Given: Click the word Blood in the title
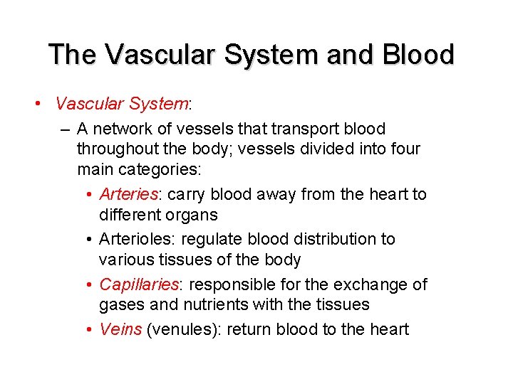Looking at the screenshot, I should coord(418,54).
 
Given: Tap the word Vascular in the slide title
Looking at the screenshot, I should coord(146,54).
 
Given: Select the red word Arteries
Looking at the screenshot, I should coord(127,194).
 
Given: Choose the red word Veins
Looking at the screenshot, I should coord(120,329).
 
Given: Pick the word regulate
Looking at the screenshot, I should coord(217,240).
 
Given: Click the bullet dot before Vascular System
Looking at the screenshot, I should coord(36,105).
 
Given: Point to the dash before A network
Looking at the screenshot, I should coord(66,129).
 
